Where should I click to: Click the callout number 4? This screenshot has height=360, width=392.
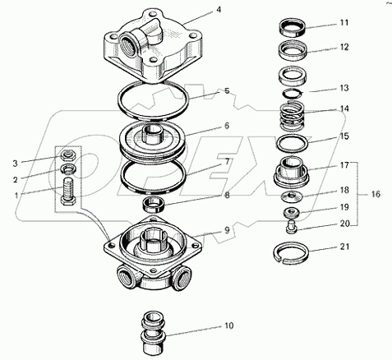click(219, 10)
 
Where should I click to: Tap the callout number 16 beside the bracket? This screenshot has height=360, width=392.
click(376, 194)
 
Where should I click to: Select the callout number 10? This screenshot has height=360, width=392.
click(228, 325)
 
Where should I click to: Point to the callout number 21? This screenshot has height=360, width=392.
click(344, 247)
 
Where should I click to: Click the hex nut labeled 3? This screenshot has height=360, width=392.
click(69, 156)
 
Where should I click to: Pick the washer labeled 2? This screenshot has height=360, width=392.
click(69, 169)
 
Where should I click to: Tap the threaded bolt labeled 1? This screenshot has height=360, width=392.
click(68, 192)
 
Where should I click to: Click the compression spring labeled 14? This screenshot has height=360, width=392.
click(293, 116)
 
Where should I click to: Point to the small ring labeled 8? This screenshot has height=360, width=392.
click(154, 205)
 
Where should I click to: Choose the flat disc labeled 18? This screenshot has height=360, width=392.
click(292, 196)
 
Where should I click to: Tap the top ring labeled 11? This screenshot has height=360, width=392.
click(293, 28)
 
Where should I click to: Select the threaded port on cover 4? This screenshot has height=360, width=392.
click(129, 42)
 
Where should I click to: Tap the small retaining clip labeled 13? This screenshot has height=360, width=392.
click(293, 94)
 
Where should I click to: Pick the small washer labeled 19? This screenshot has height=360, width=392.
click(292, 213)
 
